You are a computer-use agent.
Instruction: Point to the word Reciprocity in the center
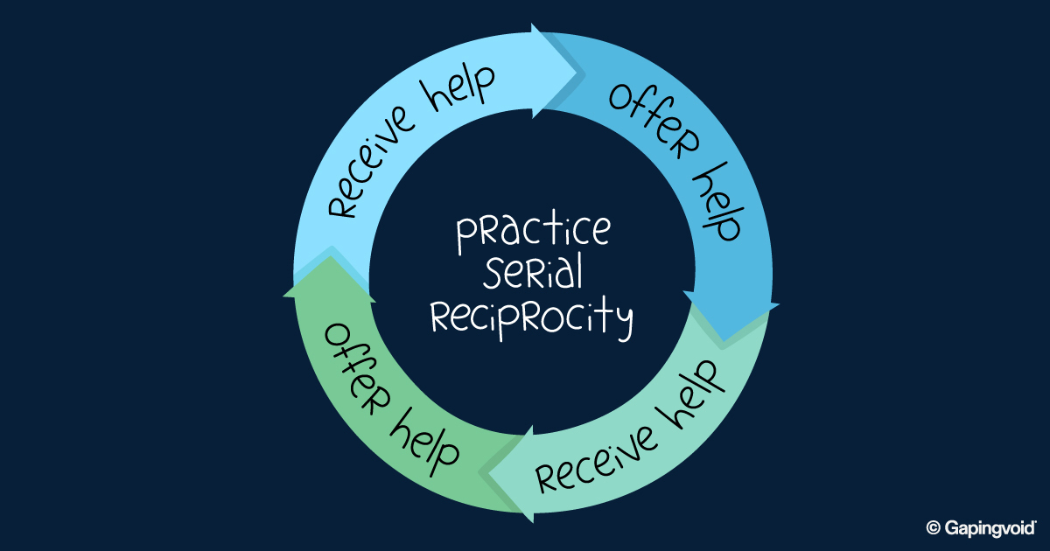(531, 318)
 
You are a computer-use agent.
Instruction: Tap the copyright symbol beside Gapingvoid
(933, 527)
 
